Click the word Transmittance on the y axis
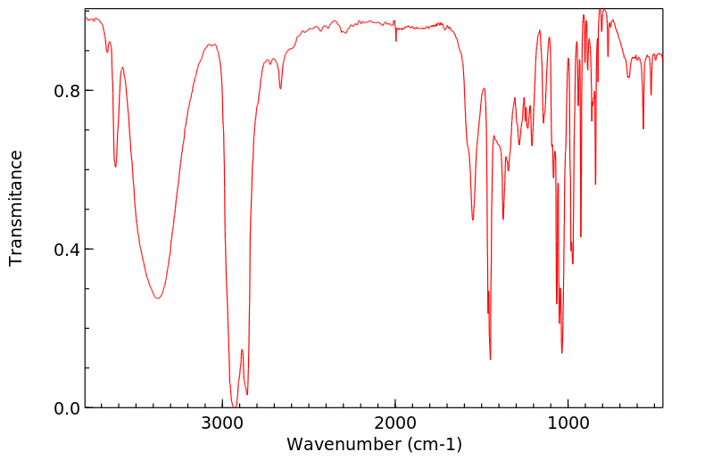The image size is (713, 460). (x=16, y=208)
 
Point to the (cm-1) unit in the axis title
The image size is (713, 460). (x=433, y=443)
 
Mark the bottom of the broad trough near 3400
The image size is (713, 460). (x=157, y=298)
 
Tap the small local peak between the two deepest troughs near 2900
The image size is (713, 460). (x=241, y=349)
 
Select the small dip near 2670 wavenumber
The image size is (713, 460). (x=280, y=88)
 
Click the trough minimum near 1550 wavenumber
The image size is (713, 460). (x=473, y=219)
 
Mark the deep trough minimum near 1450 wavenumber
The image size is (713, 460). (x=490, y=359)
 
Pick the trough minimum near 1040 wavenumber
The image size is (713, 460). (x=562, y=352)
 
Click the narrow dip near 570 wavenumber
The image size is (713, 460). (x=643, y=128)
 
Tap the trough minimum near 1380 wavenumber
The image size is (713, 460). (x=503, y=218)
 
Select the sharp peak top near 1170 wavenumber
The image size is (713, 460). (x=540, y=31)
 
